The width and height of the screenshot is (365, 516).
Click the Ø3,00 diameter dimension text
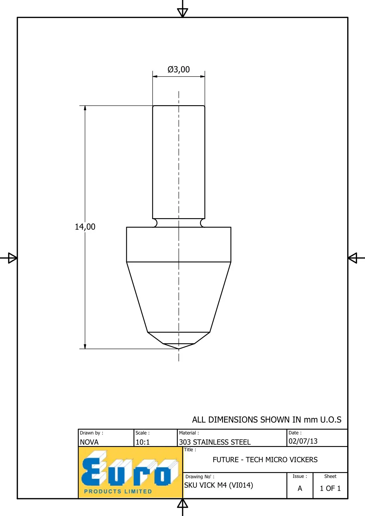click(178, 69)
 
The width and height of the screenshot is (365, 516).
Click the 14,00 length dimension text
click(85, 227)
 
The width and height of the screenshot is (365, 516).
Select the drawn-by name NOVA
click(89, 442)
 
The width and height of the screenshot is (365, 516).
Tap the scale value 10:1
click(143, 442)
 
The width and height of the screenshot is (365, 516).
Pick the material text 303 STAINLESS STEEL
click(215, 442)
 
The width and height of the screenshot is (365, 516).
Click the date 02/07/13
click(303, 441)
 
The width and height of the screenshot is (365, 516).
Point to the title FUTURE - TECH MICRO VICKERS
click(265, 460)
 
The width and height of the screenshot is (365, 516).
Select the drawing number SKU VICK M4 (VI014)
click(219, 485)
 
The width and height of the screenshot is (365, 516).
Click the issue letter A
click(300, 488)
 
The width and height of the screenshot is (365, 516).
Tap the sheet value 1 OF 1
click(330, 488)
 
